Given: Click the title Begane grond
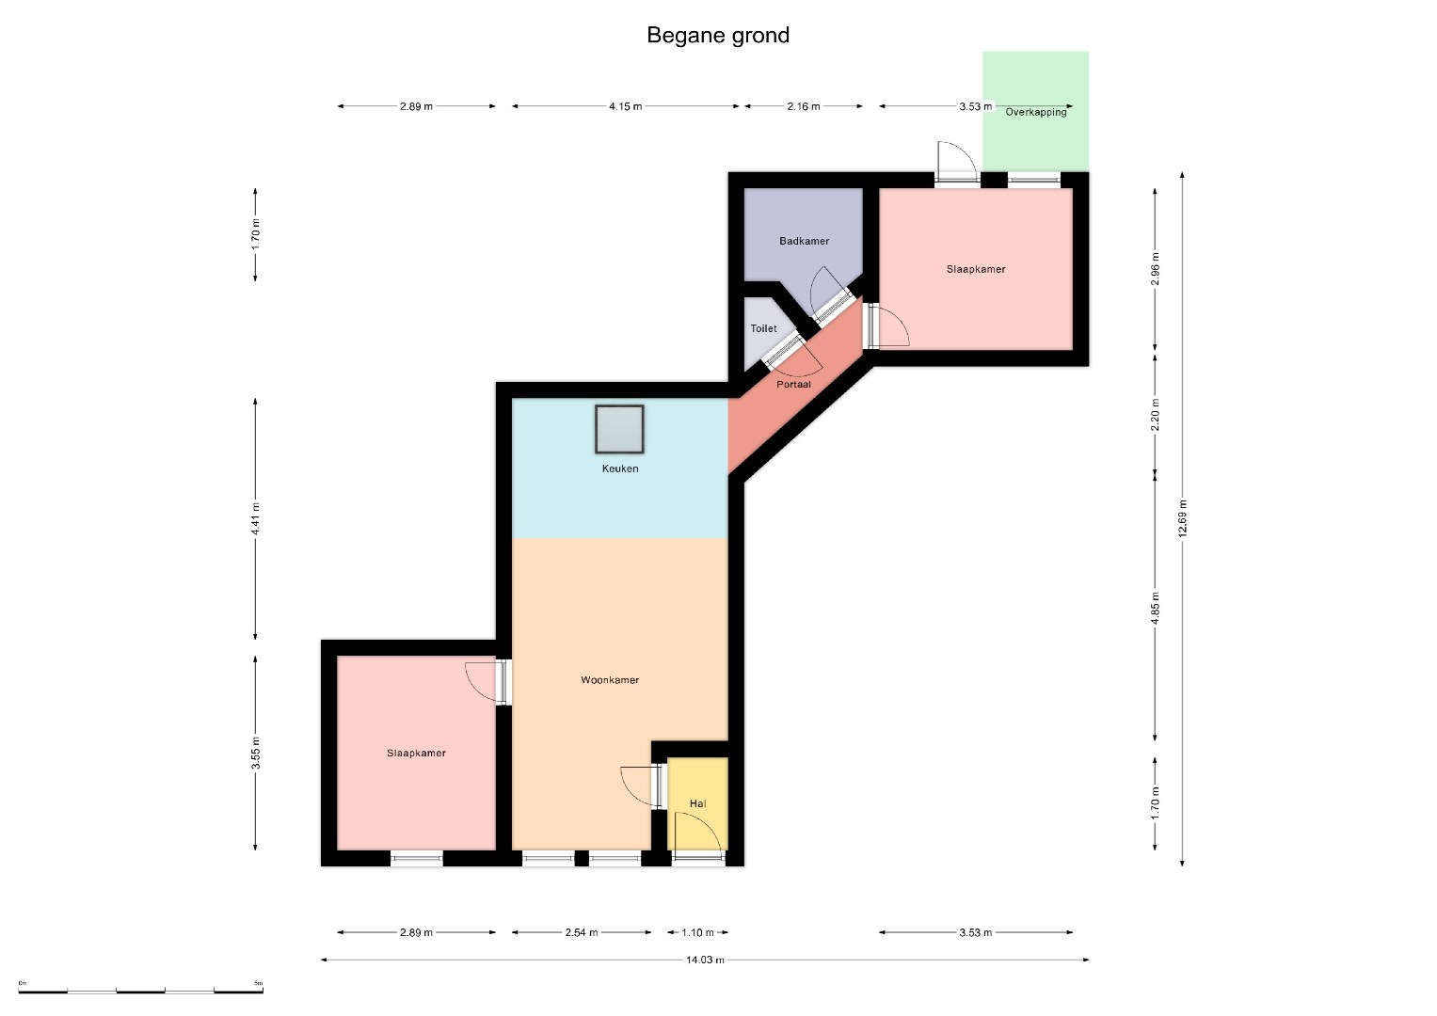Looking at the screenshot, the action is (x=718, y=36).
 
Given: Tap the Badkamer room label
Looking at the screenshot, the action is (x=804, y=241).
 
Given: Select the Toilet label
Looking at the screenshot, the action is (x=763, y=328).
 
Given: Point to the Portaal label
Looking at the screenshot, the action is (x=793, y=384).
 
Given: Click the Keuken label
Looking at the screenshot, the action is (x=620, y=468).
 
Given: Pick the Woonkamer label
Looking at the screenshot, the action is (x=610, y=680).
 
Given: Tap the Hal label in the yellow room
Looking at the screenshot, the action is (x=697, y=803).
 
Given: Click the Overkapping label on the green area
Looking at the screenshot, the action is (x=1035, y=112).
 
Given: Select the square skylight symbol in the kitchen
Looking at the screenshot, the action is (x=619, y=429).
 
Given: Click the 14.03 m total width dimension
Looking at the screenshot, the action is (x=705, y=960).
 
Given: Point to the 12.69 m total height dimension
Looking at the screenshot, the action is (x=1182, y=518).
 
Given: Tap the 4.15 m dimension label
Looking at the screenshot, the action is (x=626, y=106).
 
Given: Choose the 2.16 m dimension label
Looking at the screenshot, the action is (x=803, y=106).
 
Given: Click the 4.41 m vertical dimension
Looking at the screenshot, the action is (x=255, y=519).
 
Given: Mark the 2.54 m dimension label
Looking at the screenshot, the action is (x=582, y=932).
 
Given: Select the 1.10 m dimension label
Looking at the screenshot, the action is (x=697, y=932).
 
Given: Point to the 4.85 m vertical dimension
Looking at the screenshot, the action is (x=1156, y=608).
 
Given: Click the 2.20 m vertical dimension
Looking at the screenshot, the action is (x=1156, y=414).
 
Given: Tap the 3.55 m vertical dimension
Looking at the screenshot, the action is (x=255, y=753).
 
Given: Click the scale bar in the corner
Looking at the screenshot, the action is (x=140, y=992).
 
